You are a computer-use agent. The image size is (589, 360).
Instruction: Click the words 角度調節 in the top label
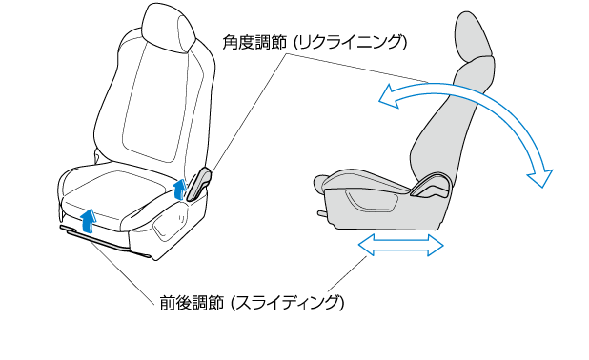(x=254, y=43)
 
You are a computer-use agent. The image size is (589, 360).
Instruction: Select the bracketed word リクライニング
(x=350, y=43)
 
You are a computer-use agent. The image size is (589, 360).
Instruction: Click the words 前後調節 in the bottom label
(x=193, y=303)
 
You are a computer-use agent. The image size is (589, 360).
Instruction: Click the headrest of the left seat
(x=169, y=29)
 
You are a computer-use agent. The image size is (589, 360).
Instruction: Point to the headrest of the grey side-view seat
(x=472, y=36)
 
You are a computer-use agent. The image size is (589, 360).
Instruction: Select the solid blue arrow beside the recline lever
(x=180, y=189)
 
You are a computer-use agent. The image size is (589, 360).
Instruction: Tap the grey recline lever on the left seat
(x=198, y=184)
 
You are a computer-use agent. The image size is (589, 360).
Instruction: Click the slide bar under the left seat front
(x=101, y=240)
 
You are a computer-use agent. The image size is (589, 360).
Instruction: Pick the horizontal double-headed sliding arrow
(x=401, y=245)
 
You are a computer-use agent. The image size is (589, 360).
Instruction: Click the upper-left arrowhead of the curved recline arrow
(x=388, y=96)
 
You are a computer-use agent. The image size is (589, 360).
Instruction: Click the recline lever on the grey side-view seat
(x=431, y=186)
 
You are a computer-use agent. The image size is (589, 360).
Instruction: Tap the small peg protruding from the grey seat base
(x=322, y=214)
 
